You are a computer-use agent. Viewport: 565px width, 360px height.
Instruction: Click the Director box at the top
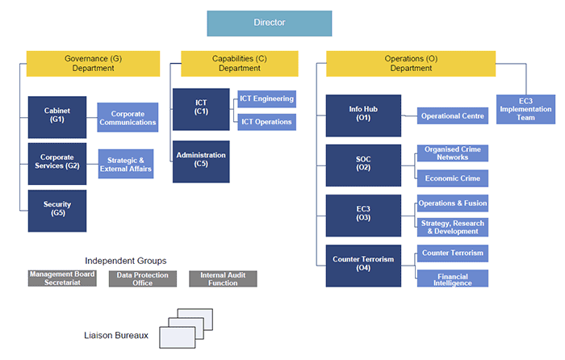(x=269, y=23)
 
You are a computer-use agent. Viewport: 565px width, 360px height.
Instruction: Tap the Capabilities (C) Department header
(x=239, y=64)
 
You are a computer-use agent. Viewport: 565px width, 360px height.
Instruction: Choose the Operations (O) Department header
(x=411, y=64)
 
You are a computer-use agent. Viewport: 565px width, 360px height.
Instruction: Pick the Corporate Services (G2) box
(x=56, y=165)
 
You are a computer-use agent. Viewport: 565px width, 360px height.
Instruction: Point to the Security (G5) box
(x=56, y=211)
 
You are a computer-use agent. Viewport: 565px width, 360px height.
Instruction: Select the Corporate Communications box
(x=128, y=118)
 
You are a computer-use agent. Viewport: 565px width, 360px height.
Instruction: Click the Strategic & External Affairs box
(x=125, y=165)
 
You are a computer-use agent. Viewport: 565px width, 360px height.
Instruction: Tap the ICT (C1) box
(x=201, y=109)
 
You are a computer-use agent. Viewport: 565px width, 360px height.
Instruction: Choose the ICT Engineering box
(x=266, y=99)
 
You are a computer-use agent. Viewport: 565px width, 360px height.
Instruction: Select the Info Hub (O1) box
(x=362, y=115)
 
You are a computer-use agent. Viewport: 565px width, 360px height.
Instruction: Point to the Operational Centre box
(x=453, y=116)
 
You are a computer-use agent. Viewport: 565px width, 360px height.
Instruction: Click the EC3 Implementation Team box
(x=525, y=109)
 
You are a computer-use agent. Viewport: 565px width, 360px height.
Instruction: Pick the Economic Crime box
(x=453, y=178)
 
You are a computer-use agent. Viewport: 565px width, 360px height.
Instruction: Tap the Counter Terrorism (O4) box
(x=362, y=265)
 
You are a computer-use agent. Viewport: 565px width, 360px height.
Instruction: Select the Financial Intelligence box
(x=453, y=279)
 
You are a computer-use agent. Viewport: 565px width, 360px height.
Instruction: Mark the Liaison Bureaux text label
(x=115, y=335)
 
